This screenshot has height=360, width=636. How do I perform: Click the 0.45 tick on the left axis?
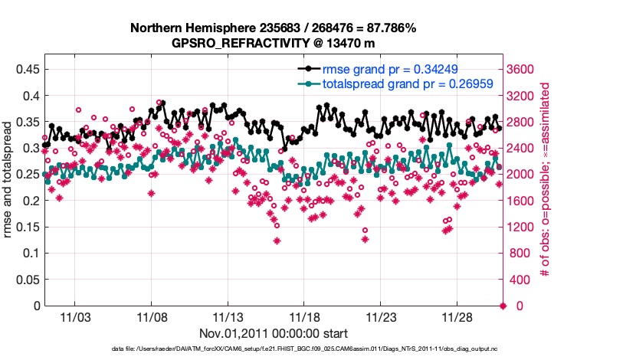point(27,69)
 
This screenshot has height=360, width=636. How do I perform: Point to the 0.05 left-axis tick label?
point(27,280)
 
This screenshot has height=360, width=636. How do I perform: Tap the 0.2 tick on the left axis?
point(30,201)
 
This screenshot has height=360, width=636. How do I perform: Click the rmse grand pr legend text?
point(390,68)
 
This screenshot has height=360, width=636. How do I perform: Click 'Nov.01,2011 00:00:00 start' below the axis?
point(274,333)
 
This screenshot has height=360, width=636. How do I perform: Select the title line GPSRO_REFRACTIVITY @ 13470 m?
point(274,43)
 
